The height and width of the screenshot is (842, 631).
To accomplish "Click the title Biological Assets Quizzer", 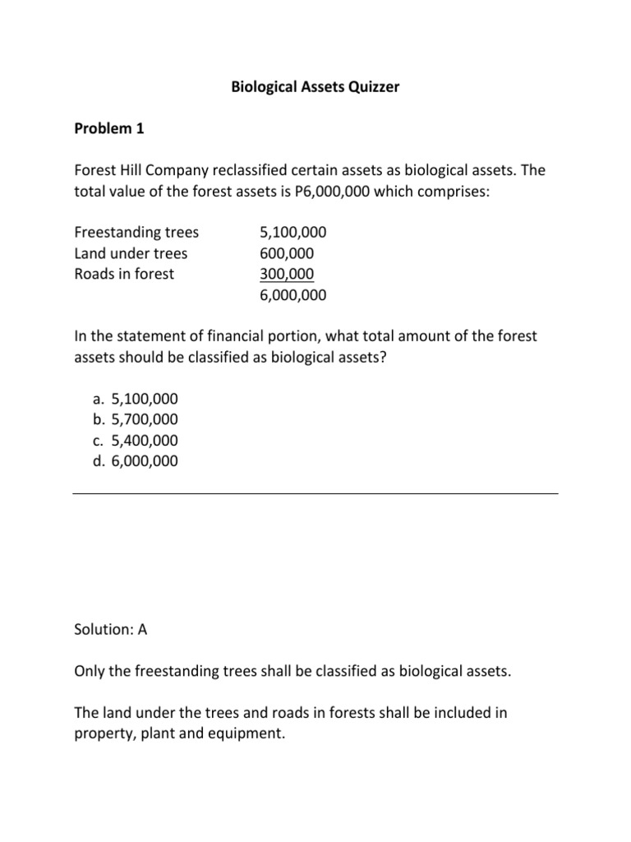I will click(315, 86).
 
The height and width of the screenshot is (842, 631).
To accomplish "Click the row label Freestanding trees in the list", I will click(136, 232).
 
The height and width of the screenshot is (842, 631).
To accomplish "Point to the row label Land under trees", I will click(131, 253).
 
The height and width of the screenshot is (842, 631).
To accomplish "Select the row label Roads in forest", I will click(124, 275).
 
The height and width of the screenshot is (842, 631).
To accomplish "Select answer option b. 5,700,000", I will click(135, 419).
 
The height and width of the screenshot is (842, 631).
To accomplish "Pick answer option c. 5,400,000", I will click(135, 440).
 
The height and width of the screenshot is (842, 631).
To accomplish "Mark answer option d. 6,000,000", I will click(135, 461).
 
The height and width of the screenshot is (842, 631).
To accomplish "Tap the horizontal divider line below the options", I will click(315, 493).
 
